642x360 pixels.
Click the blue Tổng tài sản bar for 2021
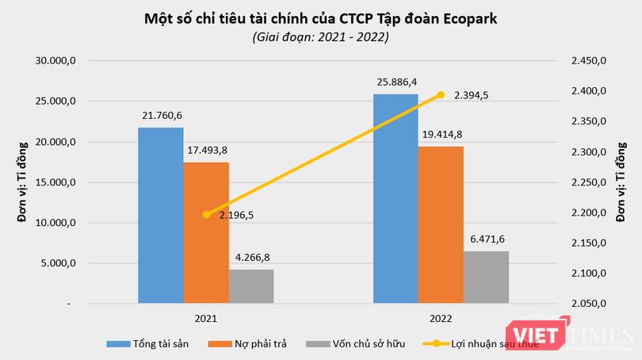click(x=161, y=215)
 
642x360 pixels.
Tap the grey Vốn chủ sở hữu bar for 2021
click(x=251, y=286)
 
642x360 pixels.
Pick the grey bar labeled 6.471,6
click(x=486, y=277)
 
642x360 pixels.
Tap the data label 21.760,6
click(x=161, y=116)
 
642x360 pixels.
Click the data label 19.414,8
click(x=441, y=134)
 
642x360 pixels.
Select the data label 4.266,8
click(x=251, y=258)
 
